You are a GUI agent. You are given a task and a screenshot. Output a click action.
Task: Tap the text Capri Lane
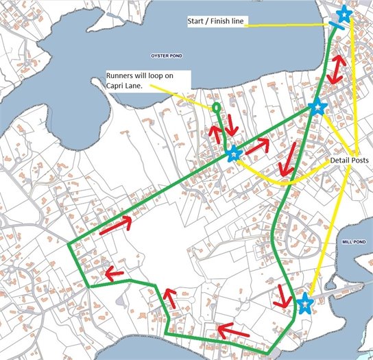(x=125, y=85)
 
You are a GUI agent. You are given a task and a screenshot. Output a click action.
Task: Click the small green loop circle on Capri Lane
(x=217, y=108)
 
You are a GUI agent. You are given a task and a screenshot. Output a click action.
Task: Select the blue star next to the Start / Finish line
(x=344, y=14)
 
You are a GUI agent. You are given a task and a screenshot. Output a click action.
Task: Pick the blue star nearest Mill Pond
(x=305, y=302)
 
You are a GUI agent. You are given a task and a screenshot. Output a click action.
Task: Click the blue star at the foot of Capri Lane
(x=234, y=154)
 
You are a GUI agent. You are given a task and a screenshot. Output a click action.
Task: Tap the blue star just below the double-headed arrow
(x=316, y=107)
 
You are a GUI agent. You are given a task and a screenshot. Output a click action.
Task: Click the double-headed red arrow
(x=336, y=69)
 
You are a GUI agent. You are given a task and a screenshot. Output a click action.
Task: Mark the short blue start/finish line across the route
(x=336, y=25)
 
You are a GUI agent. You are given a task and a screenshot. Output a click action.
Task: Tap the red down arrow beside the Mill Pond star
(x=281, y=296)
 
